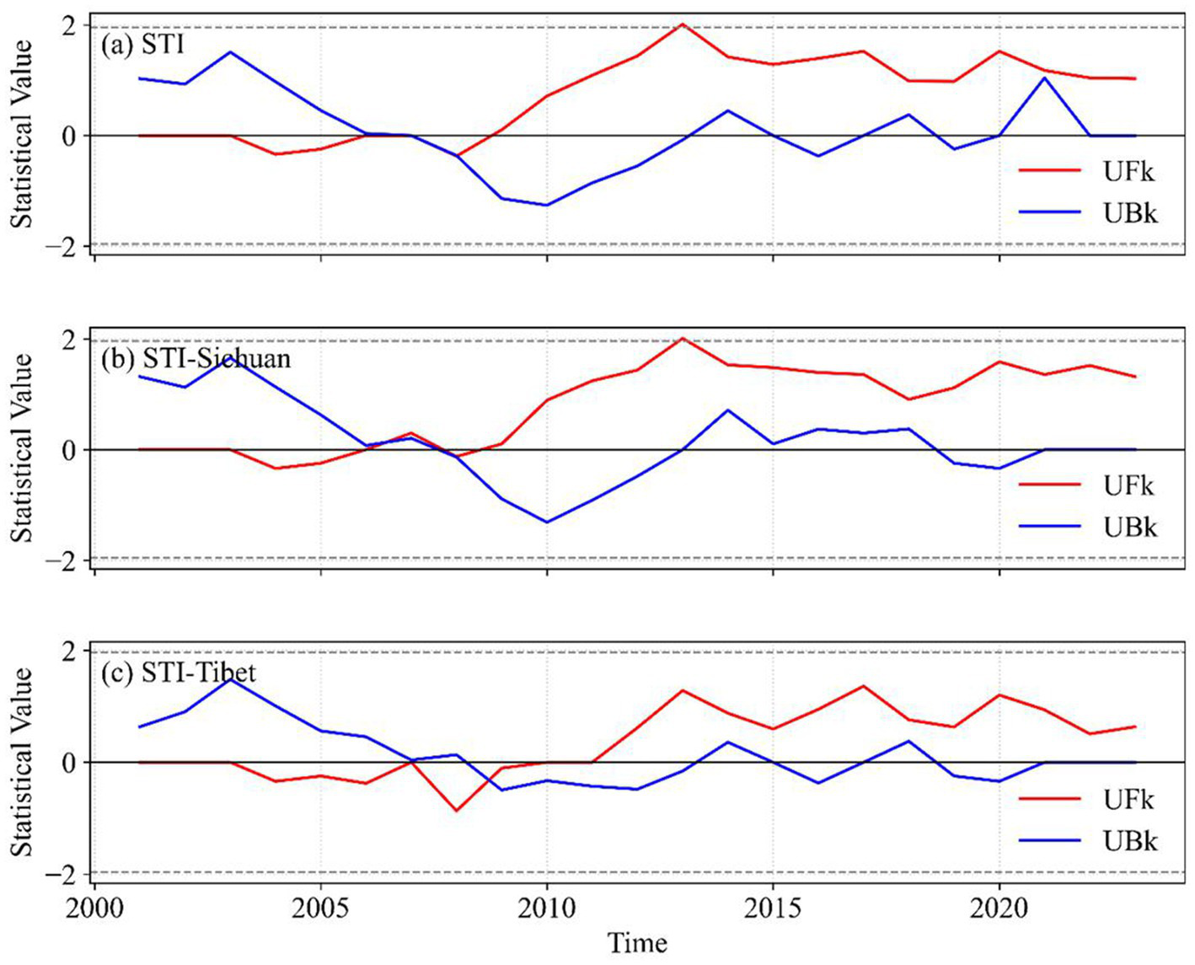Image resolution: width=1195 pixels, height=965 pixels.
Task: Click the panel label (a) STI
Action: [x=142, y=45]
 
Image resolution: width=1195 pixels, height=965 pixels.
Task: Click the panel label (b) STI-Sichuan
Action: [x=196, y=359]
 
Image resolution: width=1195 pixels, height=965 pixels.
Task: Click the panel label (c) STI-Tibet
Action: [x=178, y=673]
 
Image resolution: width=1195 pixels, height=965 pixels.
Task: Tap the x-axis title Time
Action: [x=638, y=942]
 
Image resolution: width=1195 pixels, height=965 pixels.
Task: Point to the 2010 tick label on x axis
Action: [x=547, y=909]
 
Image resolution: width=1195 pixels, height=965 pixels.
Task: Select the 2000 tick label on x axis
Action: [x=94, y=909]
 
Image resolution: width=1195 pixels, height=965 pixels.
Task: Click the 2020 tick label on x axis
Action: [x=999, y=909]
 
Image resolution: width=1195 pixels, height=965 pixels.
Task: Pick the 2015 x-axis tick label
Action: [x=773, y=909]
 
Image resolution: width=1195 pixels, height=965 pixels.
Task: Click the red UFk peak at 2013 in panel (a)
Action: [x=683, y=24]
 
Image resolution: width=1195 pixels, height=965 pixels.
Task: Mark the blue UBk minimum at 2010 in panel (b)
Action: [x=547, y=523]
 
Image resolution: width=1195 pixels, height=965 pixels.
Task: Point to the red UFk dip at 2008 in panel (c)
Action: [x=457, y=811]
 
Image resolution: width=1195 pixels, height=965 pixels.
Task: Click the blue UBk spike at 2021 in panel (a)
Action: [x=1045, y=78]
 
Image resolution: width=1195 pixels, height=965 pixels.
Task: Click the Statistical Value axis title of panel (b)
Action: [x=22, y=447]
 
